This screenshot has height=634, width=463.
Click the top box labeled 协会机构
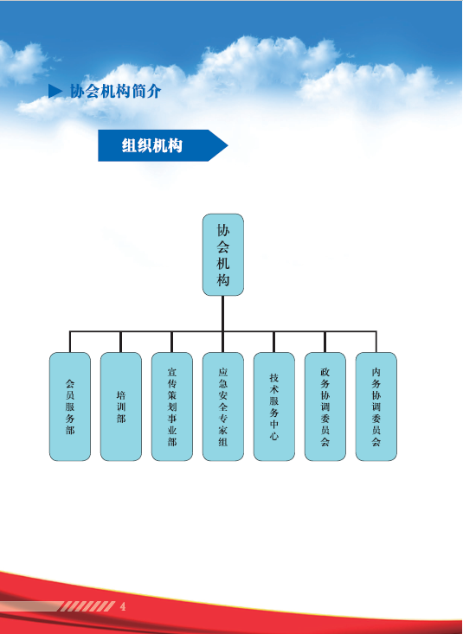223,254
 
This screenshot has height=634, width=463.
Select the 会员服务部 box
70,407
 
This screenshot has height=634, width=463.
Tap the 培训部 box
121,407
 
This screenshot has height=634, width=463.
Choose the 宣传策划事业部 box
172,407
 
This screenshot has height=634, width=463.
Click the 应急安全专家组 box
223,407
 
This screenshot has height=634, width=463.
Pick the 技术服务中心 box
274,407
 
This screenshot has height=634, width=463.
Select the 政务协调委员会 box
325,407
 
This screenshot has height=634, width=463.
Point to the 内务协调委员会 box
376,407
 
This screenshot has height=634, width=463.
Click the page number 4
123,606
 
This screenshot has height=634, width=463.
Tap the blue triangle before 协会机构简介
55,91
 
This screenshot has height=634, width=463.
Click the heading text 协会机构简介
115,92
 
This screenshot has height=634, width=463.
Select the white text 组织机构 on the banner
152,145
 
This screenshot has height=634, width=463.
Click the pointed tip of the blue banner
228,145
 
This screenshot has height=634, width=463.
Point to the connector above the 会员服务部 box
70,342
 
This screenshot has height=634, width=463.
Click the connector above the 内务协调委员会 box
376,342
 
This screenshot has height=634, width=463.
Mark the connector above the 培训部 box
121,342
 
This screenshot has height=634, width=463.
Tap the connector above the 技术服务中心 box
274,342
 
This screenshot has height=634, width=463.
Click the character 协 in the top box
223,230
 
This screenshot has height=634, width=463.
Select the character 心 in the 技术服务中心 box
274,435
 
